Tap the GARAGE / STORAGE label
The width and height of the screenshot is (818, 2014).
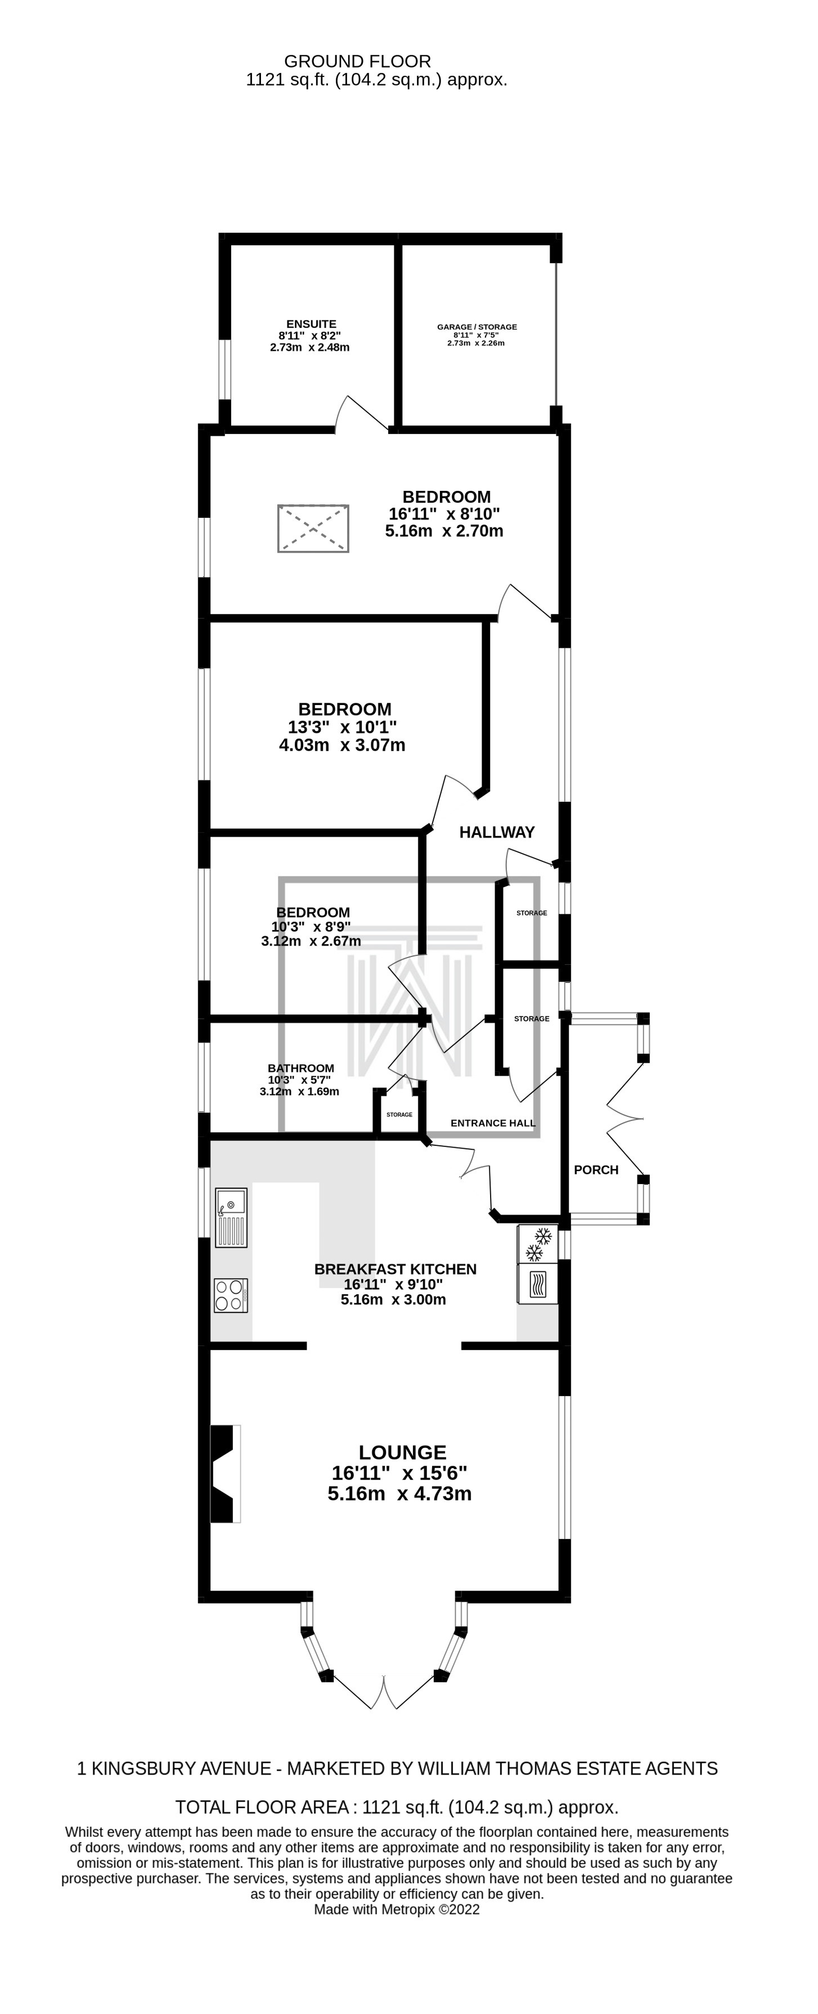(x=477, y=327)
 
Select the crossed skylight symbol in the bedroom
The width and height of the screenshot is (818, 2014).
(x=313, y=529)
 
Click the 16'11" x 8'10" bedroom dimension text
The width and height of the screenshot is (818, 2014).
(x=444, y=514)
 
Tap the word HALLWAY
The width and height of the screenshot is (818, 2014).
(x=497, y=832)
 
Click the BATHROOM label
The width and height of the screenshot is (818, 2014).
(x=300, y=1068)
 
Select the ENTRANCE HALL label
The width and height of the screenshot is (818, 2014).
(x=493, y=1123)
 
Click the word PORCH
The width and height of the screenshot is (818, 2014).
(x=596, y=1169)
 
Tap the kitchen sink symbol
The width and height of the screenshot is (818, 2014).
(x=231, y=1217)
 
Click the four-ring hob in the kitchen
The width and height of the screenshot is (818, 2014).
(x=231, y=1295)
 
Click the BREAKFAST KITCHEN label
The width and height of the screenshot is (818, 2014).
(x=395, y=1269)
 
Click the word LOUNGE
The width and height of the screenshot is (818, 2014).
(x=403, y=1453)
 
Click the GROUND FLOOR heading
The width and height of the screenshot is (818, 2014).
(x=357, y=61)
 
